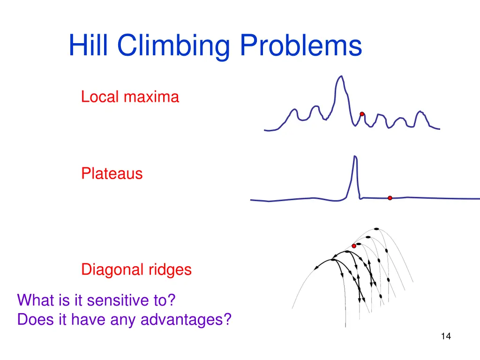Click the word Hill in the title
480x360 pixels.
(x=89, y=46)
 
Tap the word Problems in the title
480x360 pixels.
(x=301, y=46)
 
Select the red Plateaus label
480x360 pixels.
(x=112, y=174)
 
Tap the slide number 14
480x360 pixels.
(x=446, y=336)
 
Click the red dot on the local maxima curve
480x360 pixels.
(x=362, y=114)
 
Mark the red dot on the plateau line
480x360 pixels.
(x=390, y=198)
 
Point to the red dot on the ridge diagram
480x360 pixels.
(x=354, y=246)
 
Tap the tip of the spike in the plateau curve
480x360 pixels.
(x=355, y=156)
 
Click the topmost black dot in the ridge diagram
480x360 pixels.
(x=376, y=229)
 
